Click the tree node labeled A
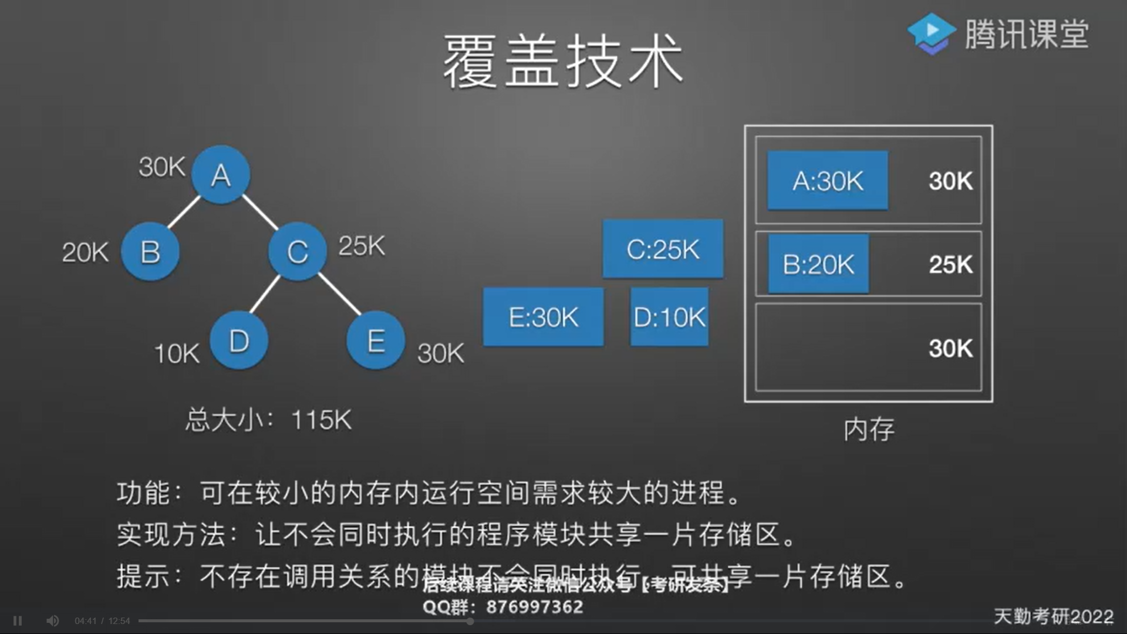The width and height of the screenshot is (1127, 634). (x=221, y=174)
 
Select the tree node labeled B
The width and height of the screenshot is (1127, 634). (x=150, y=252)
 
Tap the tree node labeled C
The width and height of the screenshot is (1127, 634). (x=298, y=252)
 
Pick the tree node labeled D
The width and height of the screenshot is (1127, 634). (x=239, y=340)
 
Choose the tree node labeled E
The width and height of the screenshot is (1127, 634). (x=376, y=340)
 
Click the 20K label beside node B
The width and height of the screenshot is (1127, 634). (x=86, y=253)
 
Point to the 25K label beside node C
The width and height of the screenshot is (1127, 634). (x=362, y=246)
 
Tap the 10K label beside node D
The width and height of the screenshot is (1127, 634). (x=177, y=354)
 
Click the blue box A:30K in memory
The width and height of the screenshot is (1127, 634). (x=828, y=181)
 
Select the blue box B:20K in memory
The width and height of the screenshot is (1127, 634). (x=818, y=264)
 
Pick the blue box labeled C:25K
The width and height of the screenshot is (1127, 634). (x=663, y=249)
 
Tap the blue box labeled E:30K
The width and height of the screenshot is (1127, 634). (x=543, y=317)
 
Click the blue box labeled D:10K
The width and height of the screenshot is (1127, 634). (x=669, y=317)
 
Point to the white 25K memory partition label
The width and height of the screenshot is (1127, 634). (x=950, y=265)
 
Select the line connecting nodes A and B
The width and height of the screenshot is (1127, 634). (x=184, y=212)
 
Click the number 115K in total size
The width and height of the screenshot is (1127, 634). (x=321, y=420)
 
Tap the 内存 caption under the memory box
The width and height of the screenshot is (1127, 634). (x=869, y=430)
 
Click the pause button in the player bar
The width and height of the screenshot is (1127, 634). (x=18, y=620)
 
